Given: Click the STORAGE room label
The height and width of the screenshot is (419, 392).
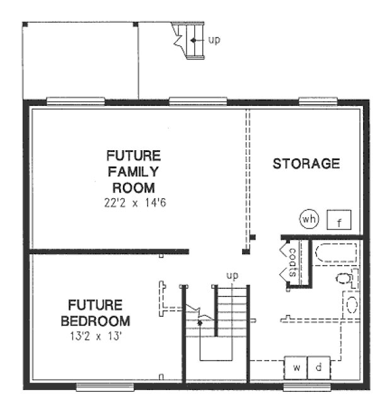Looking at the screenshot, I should (306, 164).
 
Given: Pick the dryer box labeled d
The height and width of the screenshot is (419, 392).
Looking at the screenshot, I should (319, 367).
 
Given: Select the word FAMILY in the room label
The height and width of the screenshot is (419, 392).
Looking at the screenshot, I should (133, 172).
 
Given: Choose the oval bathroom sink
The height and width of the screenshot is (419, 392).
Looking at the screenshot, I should (351, 305).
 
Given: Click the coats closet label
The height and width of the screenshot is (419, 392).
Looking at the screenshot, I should (293, 263).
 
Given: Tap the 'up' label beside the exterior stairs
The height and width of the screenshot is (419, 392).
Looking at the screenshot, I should (214, 40).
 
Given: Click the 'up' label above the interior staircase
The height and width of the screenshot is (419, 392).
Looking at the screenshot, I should (233, 276).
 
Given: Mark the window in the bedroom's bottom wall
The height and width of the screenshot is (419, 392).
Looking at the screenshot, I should (99, 386).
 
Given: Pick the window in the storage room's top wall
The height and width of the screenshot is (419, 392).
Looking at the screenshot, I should (318, 100).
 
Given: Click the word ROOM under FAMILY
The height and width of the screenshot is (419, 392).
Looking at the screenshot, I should (133, 187).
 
